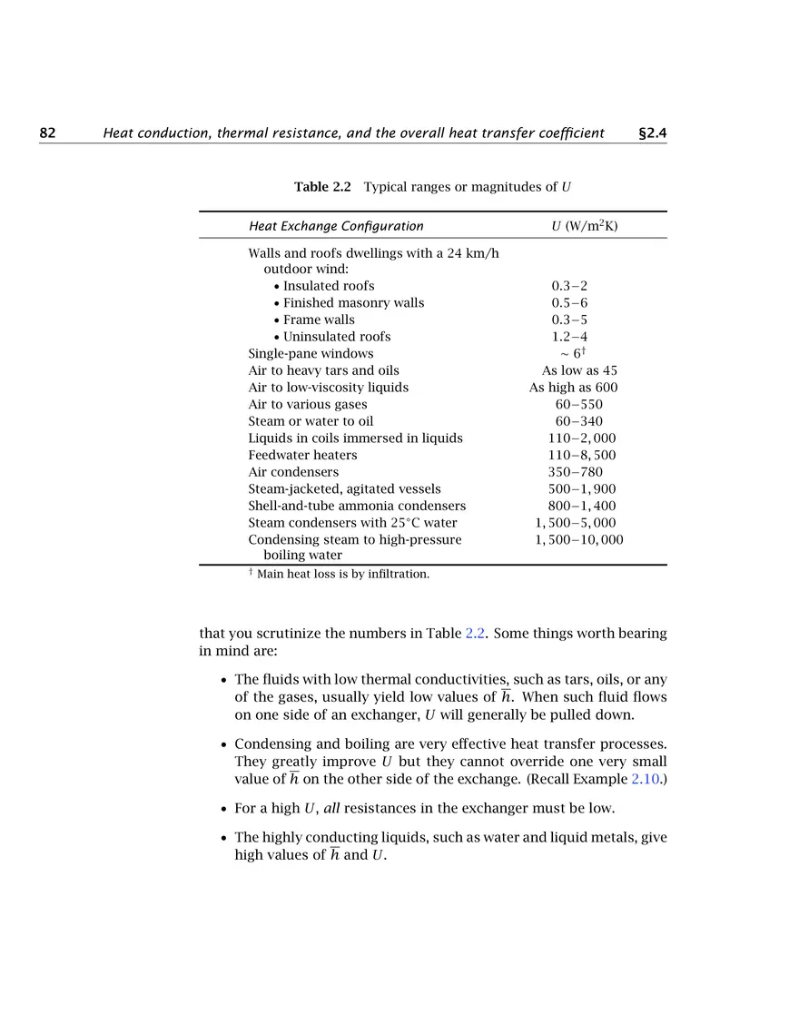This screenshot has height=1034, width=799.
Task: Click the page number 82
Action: click(47, 133)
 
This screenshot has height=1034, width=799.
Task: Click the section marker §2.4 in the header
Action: click(652, 133)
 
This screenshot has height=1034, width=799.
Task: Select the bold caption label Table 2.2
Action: click(322, 187)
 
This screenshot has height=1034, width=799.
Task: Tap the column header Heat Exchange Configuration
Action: click(336, 226)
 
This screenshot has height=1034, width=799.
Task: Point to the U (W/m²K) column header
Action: click(584, 226)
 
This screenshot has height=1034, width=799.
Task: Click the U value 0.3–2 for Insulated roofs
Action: click(569, 286)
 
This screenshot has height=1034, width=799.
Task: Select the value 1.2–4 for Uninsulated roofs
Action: click(569, 337)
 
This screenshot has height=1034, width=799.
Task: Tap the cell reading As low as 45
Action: click(579, 370)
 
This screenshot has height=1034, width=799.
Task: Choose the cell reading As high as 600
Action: click(573, 388)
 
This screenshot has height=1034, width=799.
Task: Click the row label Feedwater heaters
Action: click(302, 455)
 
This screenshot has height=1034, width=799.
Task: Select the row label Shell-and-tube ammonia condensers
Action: click(357, 506)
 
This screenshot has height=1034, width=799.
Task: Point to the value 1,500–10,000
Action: click(579, 539)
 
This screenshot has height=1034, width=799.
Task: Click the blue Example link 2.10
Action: click(646, 779)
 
